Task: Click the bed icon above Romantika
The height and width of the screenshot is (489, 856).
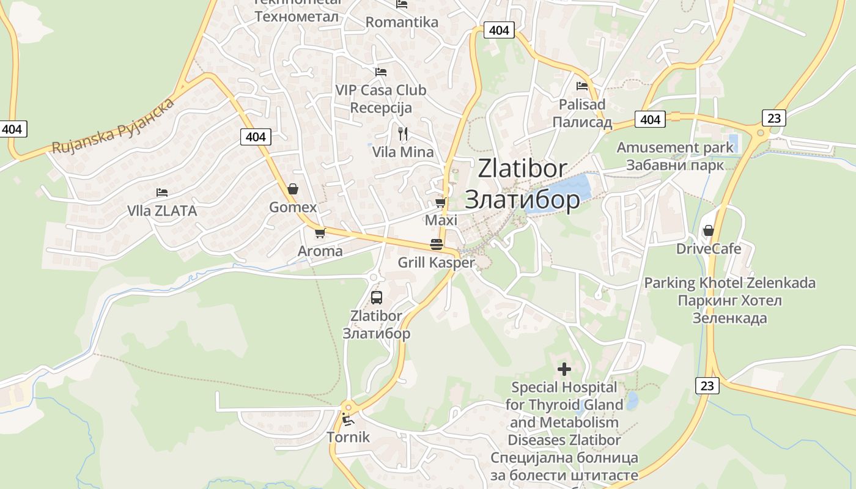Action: pos(402,4)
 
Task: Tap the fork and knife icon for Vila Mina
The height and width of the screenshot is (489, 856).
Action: pos(402,133)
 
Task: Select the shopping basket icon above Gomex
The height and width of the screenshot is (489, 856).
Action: pos(293,189)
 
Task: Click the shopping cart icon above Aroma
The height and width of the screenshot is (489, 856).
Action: pos(320,233)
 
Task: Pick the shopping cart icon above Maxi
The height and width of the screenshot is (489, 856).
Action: pos(440,202)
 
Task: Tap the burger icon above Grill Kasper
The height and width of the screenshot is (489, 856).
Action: pos(436,244)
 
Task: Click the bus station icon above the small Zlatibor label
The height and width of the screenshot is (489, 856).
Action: pos(377,298)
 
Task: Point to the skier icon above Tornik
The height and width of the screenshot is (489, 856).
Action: pos(347,419)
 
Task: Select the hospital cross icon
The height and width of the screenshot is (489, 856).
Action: pos(564,369)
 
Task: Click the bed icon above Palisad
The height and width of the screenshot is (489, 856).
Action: pos(581,86)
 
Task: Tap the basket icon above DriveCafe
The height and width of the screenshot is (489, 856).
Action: pos(708,230)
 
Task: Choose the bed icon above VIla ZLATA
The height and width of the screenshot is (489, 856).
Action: pos(161,193)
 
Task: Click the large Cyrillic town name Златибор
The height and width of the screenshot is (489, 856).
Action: pos(522,199)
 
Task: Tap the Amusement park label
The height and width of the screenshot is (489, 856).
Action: pos(674,147)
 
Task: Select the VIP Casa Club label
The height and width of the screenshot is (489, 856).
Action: pos(380,90)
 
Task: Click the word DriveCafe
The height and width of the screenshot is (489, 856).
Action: pos(708,249)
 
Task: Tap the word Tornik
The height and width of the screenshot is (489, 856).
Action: pos(348,437)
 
